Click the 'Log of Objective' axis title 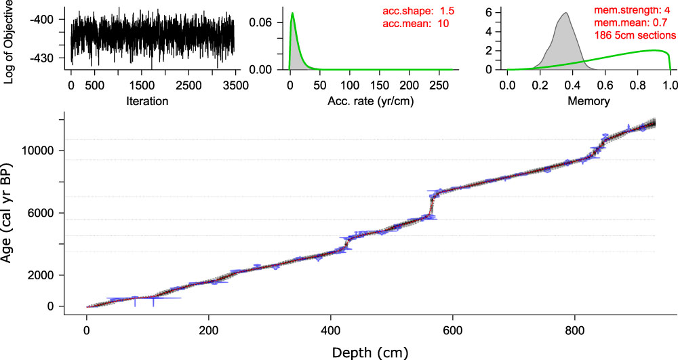[x=9, y=42]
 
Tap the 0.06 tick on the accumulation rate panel [x=262, y=22]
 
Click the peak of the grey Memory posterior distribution [x=564, y=13]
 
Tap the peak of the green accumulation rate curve [x=292, y=13]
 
